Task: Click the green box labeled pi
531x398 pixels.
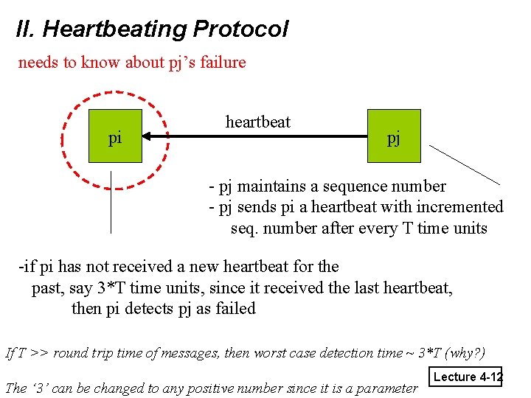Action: pos(115,136)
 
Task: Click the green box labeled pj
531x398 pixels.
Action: pos(394,136)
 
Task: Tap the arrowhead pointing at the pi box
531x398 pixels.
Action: pos(147,136)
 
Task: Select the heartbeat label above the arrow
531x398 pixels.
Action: pos(258,122)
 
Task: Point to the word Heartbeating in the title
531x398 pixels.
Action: pos(114,29)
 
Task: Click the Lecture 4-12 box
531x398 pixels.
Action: pos(467,377)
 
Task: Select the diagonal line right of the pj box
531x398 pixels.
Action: pos(465,164)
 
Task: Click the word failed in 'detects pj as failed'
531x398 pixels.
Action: pos(235,308)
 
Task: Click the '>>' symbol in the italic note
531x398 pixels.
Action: pos(41,352)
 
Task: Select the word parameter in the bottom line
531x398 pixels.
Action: pos(386,388)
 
